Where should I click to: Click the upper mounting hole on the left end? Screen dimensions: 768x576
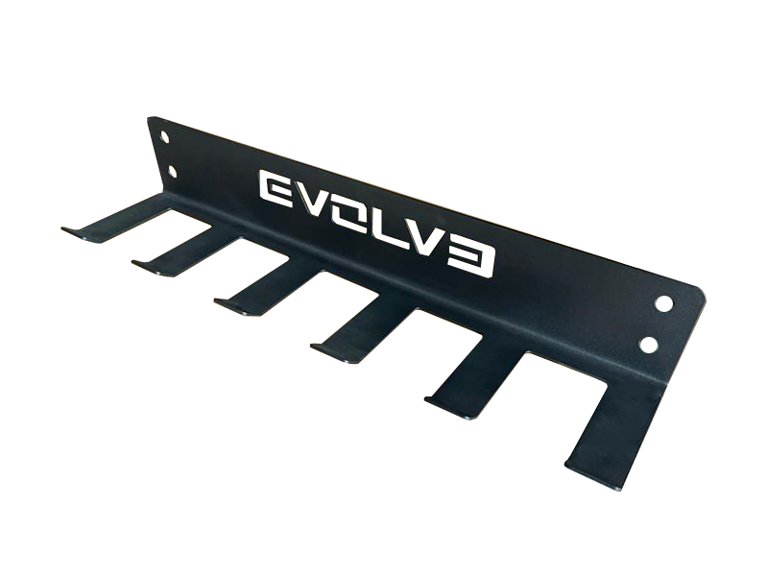tap(165, 136)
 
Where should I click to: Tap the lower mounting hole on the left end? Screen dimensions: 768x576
tap(172, 171)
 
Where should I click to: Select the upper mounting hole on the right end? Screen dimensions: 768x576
tap(664, 303)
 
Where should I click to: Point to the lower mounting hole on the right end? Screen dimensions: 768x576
tap(649, 345)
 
